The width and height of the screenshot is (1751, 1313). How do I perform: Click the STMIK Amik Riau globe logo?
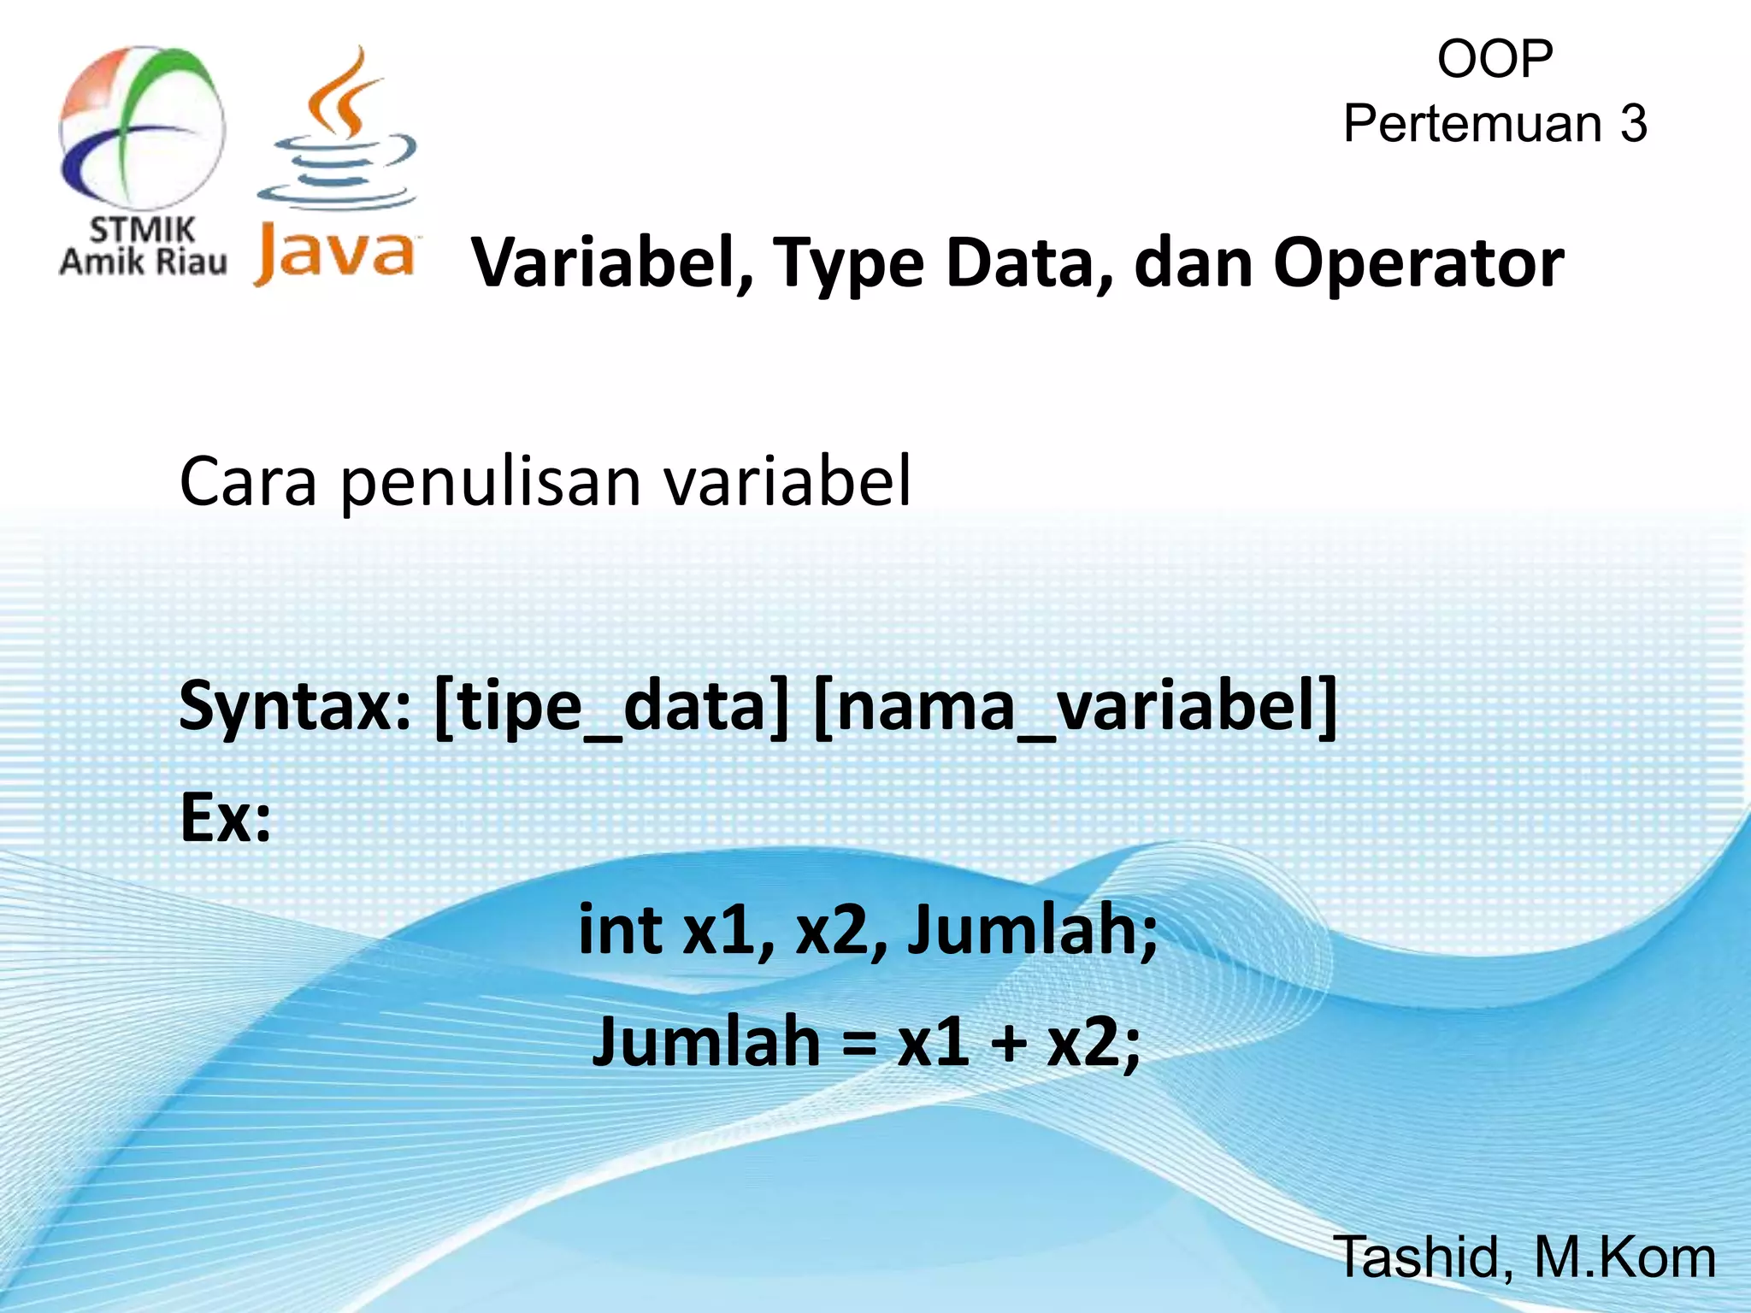142,128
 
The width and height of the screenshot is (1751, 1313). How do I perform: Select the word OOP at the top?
1495,60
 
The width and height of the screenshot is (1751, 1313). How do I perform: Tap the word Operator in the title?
1418,264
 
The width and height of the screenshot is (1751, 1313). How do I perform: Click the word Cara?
248,481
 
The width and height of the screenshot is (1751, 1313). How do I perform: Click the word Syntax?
296,707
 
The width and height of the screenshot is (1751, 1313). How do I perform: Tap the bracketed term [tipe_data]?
611,707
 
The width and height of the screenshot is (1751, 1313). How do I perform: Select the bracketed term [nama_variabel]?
1075,707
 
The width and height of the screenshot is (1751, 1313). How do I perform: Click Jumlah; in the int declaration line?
1032,929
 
